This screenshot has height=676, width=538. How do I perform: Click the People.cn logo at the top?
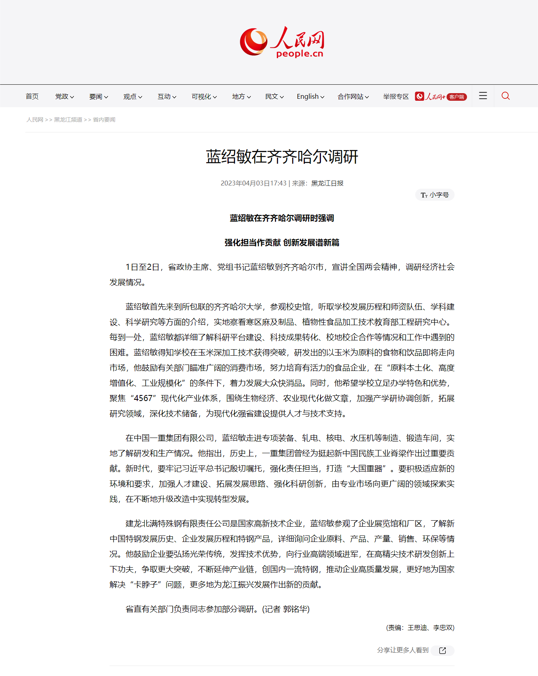(x=282, y=42)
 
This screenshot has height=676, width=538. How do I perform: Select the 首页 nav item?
(x=32, y=96)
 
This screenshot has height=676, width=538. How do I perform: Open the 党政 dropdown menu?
(x=64, y=96)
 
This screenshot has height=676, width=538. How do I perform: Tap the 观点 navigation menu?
(x=132, y=96)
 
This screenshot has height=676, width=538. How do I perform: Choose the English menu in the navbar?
(x=310, y=96)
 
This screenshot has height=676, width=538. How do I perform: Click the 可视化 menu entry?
(x=204, y=96)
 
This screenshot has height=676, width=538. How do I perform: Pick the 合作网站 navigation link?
(x=353, y=96)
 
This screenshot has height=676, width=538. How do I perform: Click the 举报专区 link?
(x=396, y=96)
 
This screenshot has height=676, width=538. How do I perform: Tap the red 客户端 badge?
(x=457, y=97)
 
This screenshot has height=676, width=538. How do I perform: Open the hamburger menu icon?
(x=483, y=96)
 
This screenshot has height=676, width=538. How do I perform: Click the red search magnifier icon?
(x=506, y=96)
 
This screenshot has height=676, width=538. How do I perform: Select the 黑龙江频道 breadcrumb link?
(x=68, y=120)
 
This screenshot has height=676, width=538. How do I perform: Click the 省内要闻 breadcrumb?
(x=104, y=120)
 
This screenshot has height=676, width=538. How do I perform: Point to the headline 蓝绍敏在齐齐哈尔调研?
(x=282, y=157)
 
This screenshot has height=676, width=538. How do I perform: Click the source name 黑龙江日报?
(x=327, y=183)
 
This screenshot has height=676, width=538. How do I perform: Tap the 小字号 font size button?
(x=435, y=195)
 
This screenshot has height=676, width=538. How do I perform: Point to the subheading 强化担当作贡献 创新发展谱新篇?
(x=282, y=242)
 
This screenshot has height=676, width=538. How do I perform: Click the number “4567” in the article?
(x=143, y=398)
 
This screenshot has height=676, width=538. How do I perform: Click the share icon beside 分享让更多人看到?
(x=443, y=650)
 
